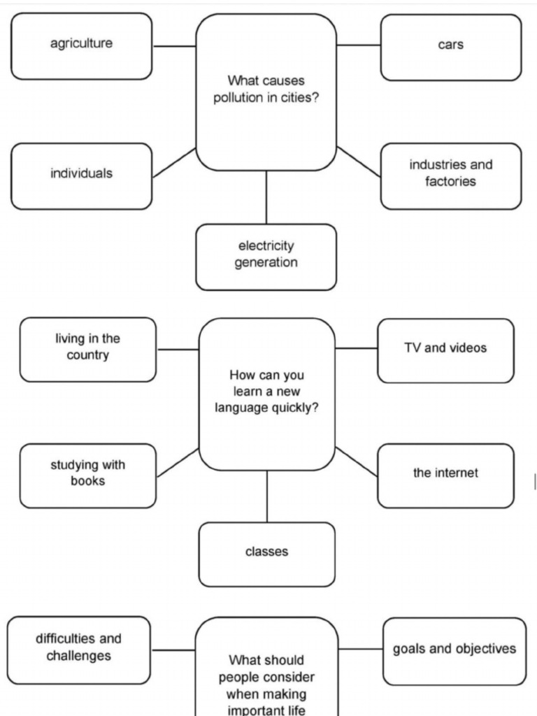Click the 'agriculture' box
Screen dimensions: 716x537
coord(81,46)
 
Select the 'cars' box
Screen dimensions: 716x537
coord(450,47)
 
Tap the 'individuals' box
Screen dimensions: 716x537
coord(81,176)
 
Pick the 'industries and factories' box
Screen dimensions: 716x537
coord(450,176)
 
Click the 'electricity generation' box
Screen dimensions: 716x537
coord(266,257)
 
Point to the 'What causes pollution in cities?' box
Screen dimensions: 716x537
coord(266,92)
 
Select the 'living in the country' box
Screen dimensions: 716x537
coord(87,350)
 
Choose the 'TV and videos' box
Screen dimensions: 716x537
coord(445,350)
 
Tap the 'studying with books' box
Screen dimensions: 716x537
coord(87,475)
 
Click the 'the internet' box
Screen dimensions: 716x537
coord(445,475)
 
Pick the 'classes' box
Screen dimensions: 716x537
coord(266,554)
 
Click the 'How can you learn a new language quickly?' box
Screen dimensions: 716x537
coord(266,394)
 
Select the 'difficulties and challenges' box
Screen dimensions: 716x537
coord(78,650)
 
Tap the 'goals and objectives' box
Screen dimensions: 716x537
coord(454,651)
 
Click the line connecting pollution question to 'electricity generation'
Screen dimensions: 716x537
coord(266,197)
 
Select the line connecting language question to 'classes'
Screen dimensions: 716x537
coord(266,496)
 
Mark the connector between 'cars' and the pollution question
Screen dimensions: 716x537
coord(358,45)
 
